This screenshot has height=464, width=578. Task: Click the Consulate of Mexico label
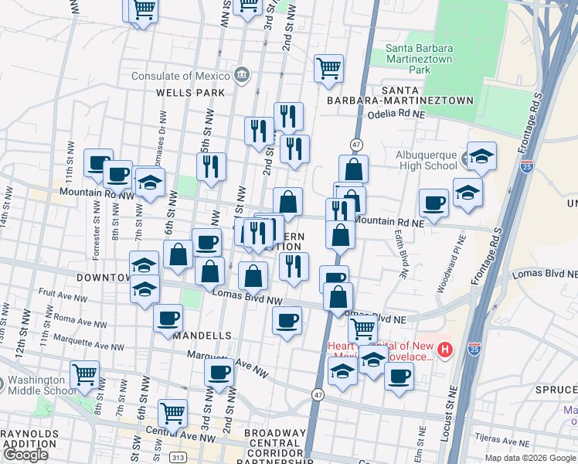[x=182, y=76]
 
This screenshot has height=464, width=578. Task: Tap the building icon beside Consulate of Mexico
[x=242, y=75]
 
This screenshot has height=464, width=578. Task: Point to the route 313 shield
[x=177, y=457]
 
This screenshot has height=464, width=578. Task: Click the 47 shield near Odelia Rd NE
[x=356, y=145]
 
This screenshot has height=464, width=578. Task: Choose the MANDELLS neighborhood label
[x=202, y=336]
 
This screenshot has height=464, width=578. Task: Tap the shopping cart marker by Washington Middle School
[x=85, y=374]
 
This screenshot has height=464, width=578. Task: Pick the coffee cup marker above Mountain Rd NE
[x=433, y=203]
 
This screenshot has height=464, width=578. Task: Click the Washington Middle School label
[x=36, y=385]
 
